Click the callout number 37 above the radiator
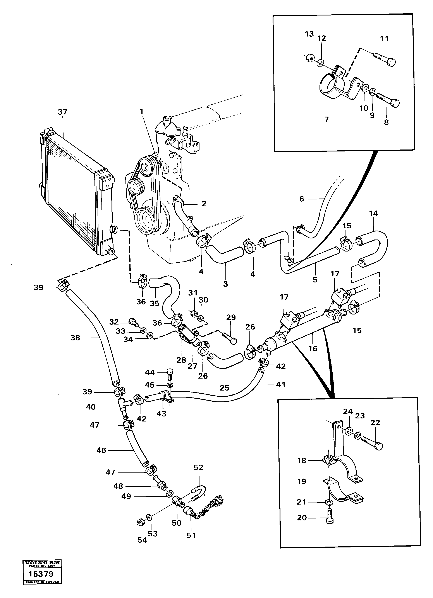coord(63,112)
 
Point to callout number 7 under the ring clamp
coord(326,119)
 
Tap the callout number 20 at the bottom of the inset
coord(302,518)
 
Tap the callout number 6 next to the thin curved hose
coord(302,199)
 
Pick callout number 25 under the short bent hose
coord(224,388)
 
